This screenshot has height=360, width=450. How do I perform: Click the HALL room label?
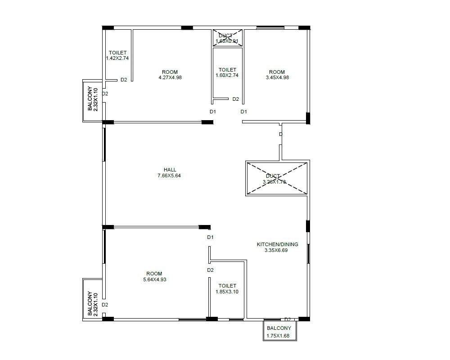[170, 170]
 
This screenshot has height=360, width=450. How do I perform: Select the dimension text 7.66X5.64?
[170, 175]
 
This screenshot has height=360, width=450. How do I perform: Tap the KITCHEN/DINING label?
[277, 244]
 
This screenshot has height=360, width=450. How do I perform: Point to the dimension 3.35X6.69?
[276, 250]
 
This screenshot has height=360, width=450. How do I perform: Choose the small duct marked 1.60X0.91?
[227, 38]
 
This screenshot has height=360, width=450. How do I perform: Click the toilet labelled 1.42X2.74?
[117, 55]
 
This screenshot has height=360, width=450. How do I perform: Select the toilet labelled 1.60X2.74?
[227, 72]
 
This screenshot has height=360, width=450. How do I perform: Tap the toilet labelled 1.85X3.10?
[227, 288]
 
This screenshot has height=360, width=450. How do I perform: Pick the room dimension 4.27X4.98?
[170, 77]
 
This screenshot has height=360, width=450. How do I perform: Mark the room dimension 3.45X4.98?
[277, 77]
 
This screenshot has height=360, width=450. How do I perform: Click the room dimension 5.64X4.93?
[154, 279]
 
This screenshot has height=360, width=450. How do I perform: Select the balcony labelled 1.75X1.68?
[279, 331]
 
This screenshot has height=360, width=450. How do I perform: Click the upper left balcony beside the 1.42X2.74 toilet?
[92, 100]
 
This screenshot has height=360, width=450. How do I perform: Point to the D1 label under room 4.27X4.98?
[213, 112]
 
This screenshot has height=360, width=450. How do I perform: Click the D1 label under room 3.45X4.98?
[243, 112]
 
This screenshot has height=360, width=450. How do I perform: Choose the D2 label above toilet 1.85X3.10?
[210, 270]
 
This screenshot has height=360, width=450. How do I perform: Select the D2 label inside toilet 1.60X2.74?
[235, 99]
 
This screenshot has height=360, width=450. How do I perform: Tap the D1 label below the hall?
[210, 237]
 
